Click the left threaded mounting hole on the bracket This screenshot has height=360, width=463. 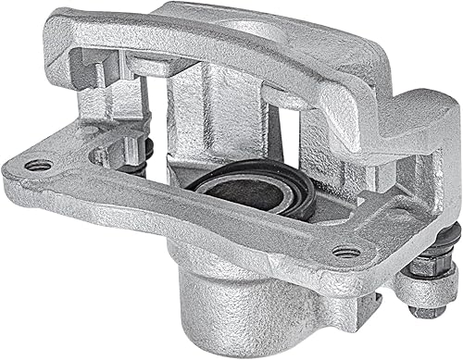coord(38,165)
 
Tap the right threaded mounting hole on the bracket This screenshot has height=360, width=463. coord(344,251)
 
